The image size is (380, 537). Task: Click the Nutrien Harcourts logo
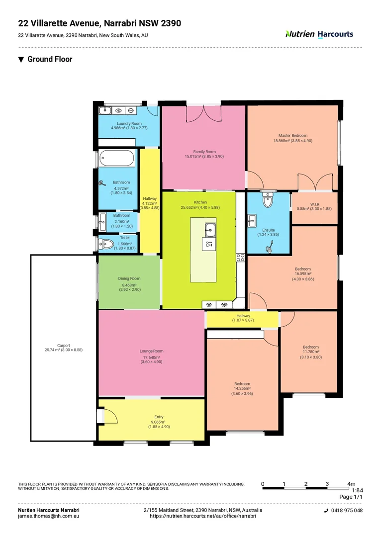pyautogui.click(x=319, y=34)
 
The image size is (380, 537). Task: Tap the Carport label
pyautogui.click(x=63, y=345)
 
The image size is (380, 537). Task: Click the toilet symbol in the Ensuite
pyautogui.click(x=268, y=200)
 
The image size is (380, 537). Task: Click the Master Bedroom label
pyautogui.click(x=292, y=135)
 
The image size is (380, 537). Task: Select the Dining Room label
pyautogui.click(x=129, y=278)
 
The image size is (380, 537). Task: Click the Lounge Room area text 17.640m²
pyautogui.click(x=151, y=357)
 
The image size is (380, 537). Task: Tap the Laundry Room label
pyautogui.click(x=129, y=123)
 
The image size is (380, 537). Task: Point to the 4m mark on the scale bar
pyautogui.click(x=351, y=484)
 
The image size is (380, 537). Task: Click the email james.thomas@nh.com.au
pyautogui.click(x=49, y=516)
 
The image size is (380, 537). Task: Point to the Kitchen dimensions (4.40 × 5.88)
pyautogui.click(x=200, y=208)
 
